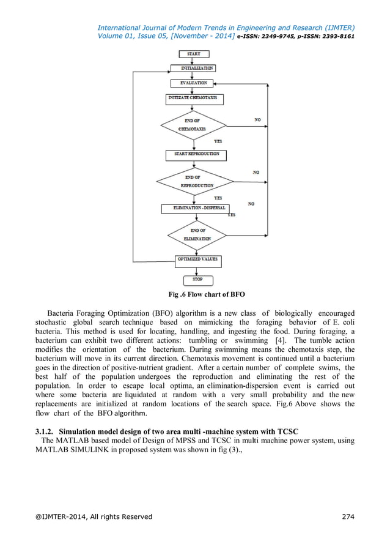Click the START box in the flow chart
[x=193, y=54]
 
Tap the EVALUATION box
[x=193, y=83]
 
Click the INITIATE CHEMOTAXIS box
[x=193, y=98]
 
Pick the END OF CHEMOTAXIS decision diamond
[x=192, y=125]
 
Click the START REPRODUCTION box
[x=196, y=154]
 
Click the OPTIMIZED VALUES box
[x=197, y=259]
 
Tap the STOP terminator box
[x=197, y=280]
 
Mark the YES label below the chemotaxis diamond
[x=218, y=141]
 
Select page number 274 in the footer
[x=348, y=517]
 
